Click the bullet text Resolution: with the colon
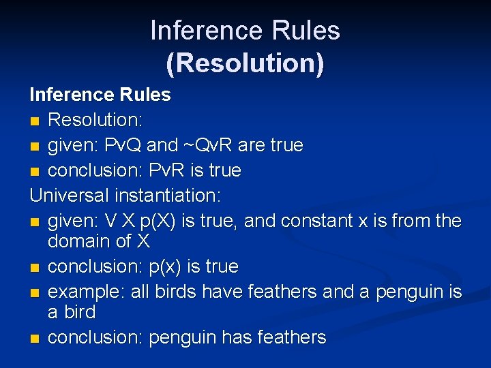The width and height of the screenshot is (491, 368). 95,120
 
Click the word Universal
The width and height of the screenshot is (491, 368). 70,196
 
